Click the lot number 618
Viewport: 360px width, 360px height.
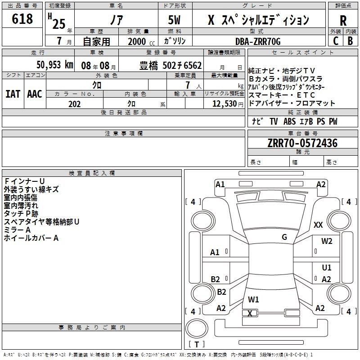click(x=22, y=19)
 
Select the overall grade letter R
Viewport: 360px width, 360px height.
click(x=343, y=20)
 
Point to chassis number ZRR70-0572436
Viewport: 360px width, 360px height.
click(x=302, y=143)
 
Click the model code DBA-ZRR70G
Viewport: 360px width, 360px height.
click(x=258, y=41)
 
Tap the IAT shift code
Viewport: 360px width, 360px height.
click(x=13, y=94)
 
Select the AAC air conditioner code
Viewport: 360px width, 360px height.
click(x=34, y=94)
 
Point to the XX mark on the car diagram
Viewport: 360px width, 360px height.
click(x=318, y=225)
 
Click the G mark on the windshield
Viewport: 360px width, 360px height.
click(x=284, y=237)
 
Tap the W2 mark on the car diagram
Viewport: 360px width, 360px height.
click(x=327, y=241)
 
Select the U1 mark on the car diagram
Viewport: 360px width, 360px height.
click(x=327, y=268)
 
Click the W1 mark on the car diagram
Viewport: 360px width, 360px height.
click(x=253, y=299)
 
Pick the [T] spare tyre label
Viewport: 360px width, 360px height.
click(x=197, y=345)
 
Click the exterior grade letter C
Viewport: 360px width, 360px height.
click(x=335, y=41)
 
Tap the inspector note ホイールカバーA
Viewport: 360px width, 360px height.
click(x=31, y=238)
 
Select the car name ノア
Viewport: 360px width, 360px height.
click(x=117, y=20)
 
